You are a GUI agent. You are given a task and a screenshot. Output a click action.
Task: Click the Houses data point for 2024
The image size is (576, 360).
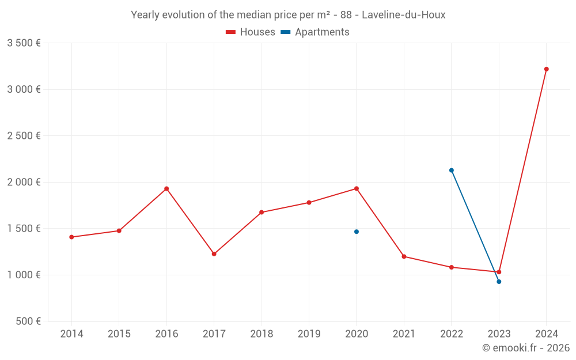(546, 69)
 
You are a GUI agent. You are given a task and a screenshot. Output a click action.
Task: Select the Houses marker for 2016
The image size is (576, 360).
(166, 189)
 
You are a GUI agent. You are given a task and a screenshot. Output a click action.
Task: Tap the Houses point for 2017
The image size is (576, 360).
(214, 254)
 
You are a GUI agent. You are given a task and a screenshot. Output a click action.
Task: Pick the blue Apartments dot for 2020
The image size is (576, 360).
(357, 232)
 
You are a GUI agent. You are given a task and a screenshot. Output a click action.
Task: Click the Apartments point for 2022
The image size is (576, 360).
(452, 170)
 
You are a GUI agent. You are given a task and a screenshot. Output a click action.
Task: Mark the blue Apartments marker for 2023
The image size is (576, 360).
(499, 282)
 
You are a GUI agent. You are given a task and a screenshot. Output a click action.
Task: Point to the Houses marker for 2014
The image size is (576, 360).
(71, 237)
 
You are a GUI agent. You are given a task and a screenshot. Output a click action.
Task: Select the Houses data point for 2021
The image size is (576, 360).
(404, 257)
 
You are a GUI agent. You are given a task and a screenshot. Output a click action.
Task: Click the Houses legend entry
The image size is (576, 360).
(251, 32)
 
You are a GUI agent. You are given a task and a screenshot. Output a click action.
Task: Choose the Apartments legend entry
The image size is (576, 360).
(315, 32)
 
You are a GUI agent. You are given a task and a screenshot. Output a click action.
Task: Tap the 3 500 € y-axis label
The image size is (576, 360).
(24, 43)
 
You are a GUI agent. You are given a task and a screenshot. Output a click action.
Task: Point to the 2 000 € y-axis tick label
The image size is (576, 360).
(24, 182)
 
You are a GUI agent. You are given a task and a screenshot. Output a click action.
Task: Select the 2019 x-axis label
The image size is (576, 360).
(309, 334)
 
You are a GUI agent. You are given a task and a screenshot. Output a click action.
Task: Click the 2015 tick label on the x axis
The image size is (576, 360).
(119, 334)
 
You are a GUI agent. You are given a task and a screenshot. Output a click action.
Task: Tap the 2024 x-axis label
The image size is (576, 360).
(546, 334)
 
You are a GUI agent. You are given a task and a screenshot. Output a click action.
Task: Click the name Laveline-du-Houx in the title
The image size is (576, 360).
(403, 15)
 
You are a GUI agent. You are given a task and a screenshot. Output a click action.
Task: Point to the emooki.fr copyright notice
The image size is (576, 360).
(525, 348)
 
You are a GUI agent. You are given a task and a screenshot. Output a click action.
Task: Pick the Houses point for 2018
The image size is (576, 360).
(262, 213)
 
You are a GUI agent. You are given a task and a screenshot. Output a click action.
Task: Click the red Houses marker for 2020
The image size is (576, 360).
(357, 189)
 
